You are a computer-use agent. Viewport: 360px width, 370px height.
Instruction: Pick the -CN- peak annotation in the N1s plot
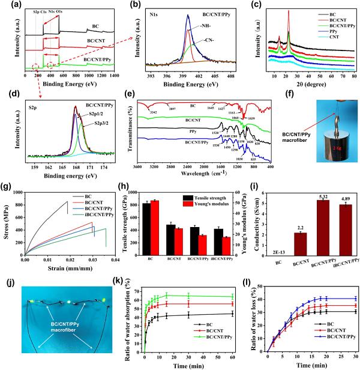click(x=210, y=40)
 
